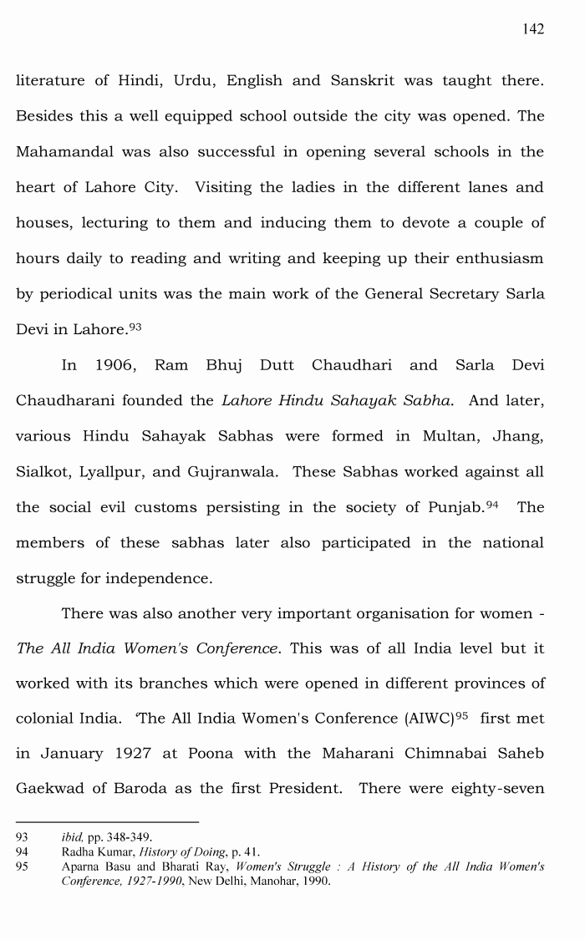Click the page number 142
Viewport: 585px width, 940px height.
click(533, 29)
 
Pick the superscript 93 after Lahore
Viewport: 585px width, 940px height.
click(135, 327)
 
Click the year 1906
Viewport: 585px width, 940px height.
click(116, 365)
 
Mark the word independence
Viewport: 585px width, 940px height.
click(163, 578)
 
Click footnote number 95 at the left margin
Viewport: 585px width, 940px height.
click(23, 866)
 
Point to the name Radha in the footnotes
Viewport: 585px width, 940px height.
click(79, 851)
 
